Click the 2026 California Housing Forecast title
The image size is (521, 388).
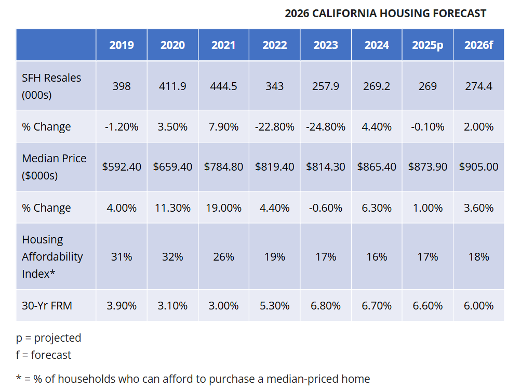click(385, 14)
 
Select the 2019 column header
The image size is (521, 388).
click(122, 45)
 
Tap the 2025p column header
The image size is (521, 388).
click(428, 45)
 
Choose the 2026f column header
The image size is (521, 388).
click(478, 45)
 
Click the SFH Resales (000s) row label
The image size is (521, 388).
click(51, 86)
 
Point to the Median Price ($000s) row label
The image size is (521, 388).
click(54, 166)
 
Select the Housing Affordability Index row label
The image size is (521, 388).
click(52, 256)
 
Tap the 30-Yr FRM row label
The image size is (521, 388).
click(47, 305)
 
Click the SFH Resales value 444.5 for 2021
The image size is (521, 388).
click(223, 86)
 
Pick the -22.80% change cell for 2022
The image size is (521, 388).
click(274, 126)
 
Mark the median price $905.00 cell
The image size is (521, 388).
click(478, 166)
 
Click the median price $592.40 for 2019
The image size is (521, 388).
click(122, 166)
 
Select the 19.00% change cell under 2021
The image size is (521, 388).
click(223, 208)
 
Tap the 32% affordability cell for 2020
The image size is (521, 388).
click(172, 256)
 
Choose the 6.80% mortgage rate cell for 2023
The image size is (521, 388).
click(326, 305)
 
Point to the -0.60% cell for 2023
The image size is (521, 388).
click(326, 208)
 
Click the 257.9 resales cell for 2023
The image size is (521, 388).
click(326, 86)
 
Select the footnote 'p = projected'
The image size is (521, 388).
click(49, 338)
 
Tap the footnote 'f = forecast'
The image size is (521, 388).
click(44, 355)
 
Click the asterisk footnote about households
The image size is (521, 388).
click(193, 379)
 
